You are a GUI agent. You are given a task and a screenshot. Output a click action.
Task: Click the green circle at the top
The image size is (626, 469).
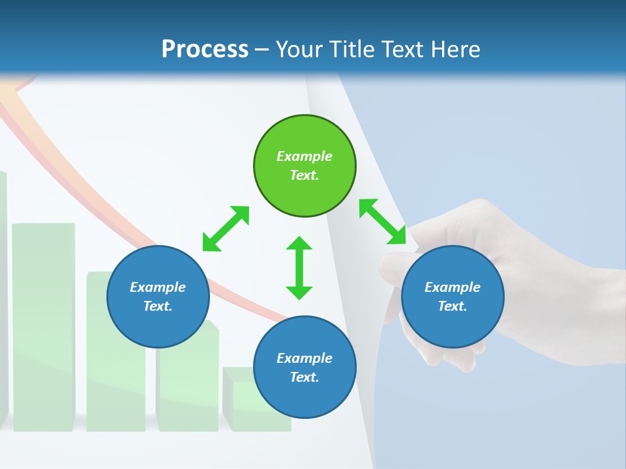click(305, 166)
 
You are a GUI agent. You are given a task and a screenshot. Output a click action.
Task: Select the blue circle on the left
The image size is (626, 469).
click(158, 297)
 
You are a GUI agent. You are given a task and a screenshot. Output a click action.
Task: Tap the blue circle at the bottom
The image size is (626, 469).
click(305, 367)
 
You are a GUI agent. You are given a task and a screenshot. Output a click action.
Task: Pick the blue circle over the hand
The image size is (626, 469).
click(453, 297)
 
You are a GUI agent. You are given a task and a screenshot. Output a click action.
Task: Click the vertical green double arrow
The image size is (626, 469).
click(299, 268)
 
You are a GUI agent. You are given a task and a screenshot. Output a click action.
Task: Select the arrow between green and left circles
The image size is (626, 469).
click(226, 229)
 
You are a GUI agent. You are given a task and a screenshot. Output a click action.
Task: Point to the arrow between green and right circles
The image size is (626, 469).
click(383, 221)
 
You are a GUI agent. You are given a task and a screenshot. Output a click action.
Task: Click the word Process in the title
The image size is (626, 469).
click(205, 49)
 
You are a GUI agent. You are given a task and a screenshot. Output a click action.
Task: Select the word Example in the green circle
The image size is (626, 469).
click(305, 156)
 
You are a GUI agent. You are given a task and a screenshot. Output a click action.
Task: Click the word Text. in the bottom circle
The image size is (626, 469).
click(305, 377)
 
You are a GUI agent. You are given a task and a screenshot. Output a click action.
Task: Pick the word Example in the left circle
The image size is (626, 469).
click(158, 287)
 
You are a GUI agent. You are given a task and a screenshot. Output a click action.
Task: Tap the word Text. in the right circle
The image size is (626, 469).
click(453, 306)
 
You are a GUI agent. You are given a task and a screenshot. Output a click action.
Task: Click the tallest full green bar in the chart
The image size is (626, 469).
click(44, 326)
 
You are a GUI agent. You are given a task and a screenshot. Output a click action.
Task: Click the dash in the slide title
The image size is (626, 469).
click(261, 50)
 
